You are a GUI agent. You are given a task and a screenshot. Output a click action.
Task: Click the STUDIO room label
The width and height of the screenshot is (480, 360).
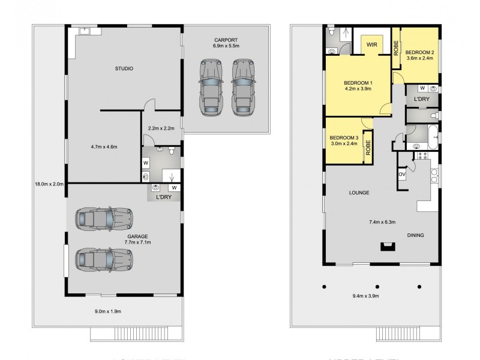(x=124, y=69)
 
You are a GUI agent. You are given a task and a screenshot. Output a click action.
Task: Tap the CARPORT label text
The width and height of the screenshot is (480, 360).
(x=226, y=40)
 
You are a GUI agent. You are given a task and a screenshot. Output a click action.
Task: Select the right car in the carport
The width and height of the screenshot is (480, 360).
(x=241, y=86)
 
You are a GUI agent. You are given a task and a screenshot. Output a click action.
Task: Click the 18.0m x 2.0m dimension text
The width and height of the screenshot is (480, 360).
(x=47, y=184)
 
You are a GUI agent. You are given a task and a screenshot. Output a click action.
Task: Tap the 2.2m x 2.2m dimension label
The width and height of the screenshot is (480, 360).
(x=161, y=128)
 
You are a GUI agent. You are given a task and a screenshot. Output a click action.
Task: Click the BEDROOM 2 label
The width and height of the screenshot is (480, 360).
(x=420, y=52)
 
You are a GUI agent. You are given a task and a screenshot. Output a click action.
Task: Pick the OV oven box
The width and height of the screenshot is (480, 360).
(x=401, y=174)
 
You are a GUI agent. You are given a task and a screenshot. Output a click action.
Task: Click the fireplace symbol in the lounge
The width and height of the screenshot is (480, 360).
(x=388, y=245)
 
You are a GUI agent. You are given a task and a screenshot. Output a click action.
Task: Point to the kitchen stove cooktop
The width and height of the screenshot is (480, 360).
(x=421, y=157)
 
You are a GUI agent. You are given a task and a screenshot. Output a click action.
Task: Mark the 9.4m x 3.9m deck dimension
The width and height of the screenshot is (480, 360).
(x=378, y=311)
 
